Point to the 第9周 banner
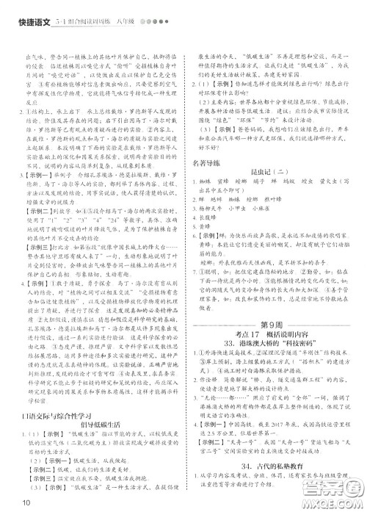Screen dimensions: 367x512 click(273, 325)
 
